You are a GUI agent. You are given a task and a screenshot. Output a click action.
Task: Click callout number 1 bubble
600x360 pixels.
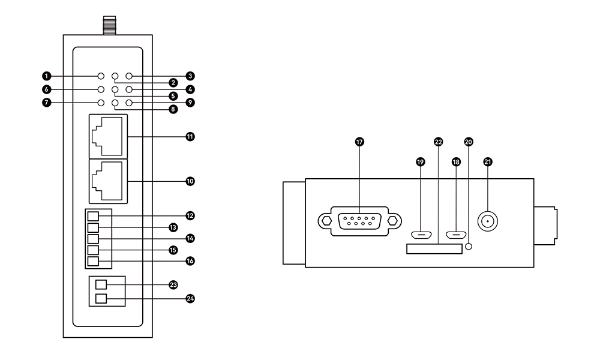coord(46,76)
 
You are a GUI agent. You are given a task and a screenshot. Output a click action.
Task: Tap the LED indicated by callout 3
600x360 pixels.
coord(128,77)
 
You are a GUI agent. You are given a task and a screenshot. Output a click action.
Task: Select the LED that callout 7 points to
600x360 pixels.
coord(101,103)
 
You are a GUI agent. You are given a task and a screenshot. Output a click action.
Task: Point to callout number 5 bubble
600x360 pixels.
coord(172,95)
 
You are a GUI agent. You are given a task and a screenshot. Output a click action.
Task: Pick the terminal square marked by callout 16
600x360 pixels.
coord(93,261)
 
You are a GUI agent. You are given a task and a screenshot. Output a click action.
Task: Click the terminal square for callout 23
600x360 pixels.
coord(101,284)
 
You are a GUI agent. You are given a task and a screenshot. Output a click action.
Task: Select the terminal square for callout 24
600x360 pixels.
coord(101,298)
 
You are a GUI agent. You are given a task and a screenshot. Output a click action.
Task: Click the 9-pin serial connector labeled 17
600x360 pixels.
coord(359,221)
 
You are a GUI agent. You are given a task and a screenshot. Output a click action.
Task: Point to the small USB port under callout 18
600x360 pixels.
coord(456,235)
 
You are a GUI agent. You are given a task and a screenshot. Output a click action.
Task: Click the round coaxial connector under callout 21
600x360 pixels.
coord(488,222)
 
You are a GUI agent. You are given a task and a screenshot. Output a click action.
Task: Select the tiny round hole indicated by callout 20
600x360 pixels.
coord(469,246)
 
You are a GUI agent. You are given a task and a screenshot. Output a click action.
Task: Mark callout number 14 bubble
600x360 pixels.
coord(190,238)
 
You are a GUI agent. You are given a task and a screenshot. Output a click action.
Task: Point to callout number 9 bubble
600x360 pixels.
coord(190,103)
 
